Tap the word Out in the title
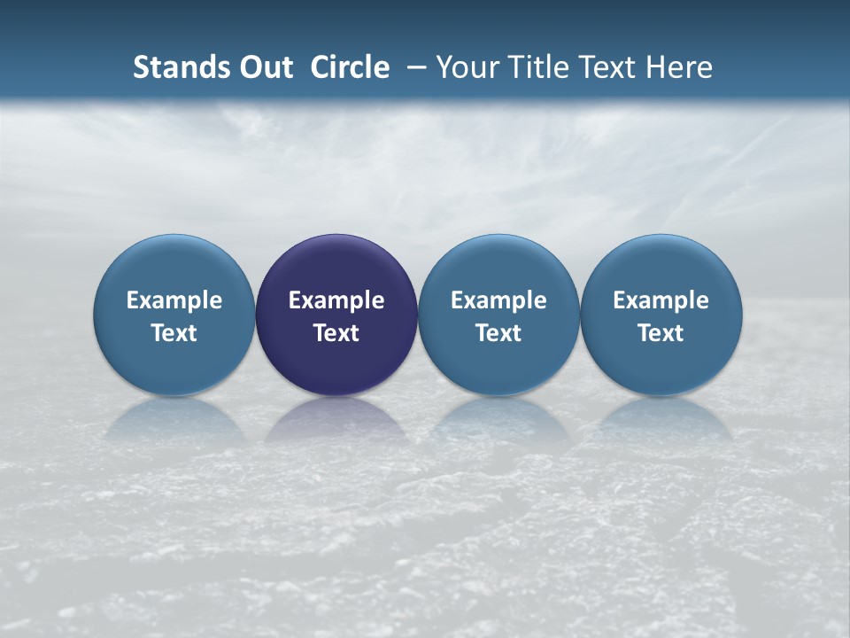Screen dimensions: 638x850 [x=264, y=67]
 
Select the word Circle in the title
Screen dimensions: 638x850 [x=350, y=67]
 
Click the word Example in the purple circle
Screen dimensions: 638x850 [x=336, y=300]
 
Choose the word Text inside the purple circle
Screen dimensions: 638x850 [x=336, y=333]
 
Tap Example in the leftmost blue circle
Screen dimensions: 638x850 [x=174, y=300]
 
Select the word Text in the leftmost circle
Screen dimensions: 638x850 [x=174, y=333]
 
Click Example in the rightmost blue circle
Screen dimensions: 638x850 [x=661, y=300]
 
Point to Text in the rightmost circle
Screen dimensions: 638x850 [x=661, y=333]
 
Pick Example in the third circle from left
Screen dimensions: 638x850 [x=498, y=300]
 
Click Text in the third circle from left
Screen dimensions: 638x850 [x=498, y=333]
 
